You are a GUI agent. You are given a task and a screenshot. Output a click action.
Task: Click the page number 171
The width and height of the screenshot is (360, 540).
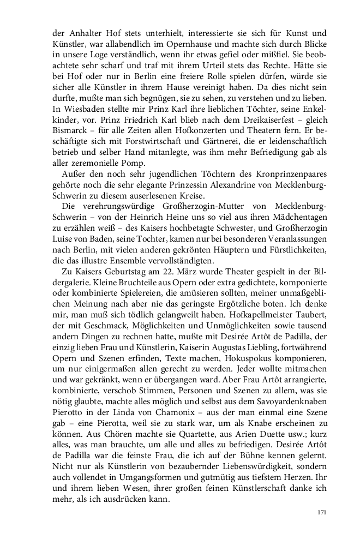(x=321, y=512)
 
